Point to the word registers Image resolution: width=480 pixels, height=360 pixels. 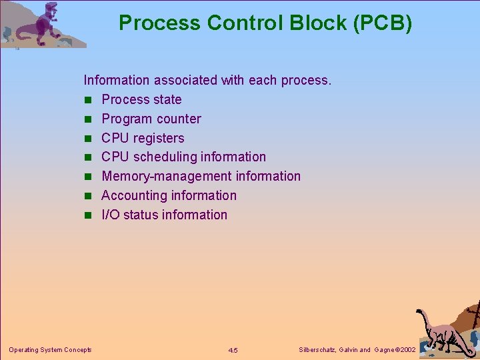click(159, 138)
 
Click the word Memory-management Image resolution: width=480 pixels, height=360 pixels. click(144, 176)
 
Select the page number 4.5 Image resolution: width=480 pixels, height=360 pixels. click(233, 350)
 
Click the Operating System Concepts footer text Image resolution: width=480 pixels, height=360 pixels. click(50, 350)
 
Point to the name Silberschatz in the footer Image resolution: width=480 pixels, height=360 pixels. click(317, 350)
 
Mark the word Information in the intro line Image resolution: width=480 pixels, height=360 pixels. click(117, 80)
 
